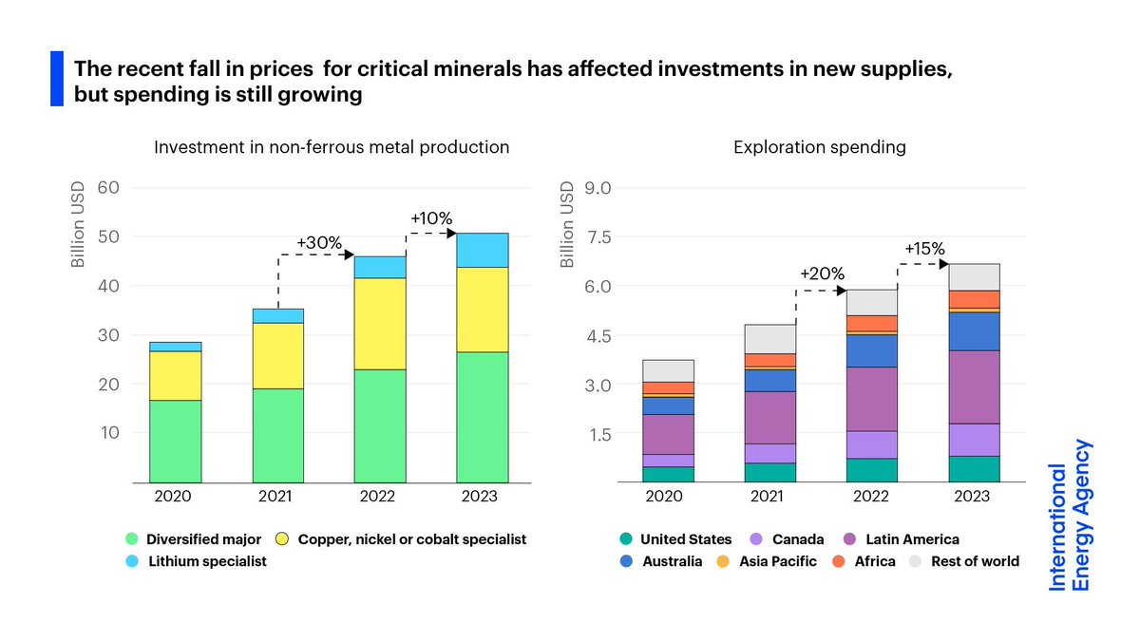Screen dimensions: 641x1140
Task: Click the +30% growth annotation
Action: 318,243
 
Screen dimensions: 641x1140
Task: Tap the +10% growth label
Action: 431,218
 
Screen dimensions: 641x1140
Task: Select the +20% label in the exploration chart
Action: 822,274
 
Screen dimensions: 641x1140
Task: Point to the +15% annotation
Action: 924,249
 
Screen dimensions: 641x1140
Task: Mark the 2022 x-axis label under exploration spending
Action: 872,497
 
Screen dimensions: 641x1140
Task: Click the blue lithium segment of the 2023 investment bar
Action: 483,250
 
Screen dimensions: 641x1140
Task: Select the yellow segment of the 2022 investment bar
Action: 380,324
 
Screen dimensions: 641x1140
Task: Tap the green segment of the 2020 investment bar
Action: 175,442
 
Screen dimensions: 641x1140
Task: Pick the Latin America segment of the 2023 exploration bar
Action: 974,387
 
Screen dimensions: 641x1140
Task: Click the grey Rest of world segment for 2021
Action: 769,339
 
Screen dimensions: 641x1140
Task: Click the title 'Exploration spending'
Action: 819,147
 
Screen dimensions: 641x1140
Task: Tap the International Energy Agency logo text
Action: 1070,515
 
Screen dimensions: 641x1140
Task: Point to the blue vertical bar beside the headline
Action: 57,79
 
